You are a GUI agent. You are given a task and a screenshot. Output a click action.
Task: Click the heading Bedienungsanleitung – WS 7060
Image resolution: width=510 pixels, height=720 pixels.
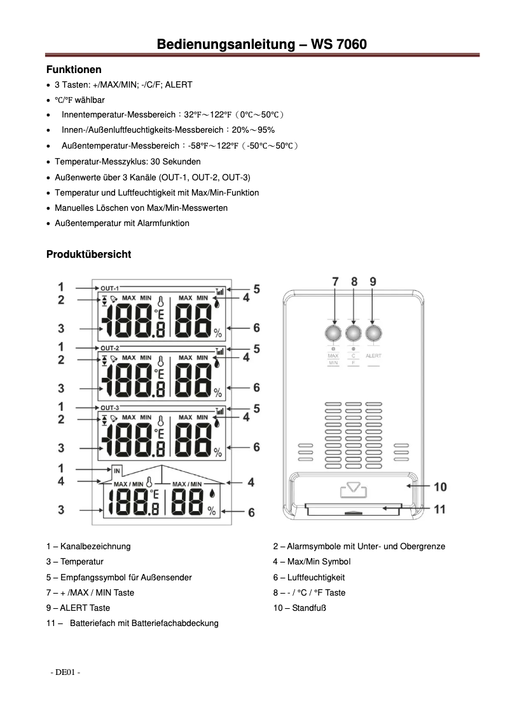pos(261,44)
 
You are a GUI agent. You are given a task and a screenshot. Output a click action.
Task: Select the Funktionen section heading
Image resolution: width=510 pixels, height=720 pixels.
pos(74,69)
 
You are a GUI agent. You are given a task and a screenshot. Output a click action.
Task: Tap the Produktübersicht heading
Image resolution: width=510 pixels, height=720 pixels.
pos(88,255)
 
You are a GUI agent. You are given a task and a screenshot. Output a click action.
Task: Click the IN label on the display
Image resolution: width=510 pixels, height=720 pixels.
pos(117,470)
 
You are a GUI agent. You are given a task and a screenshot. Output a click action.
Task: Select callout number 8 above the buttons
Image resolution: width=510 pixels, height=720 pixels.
pos(354,281)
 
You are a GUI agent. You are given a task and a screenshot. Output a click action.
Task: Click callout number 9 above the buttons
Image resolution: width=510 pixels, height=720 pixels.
pos(373,281)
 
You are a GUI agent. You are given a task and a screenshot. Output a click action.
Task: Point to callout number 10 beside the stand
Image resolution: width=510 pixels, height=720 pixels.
pos(439,487)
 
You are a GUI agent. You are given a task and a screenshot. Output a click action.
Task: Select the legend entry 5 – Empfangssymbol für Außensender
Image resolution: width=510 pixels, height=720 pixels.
pos(119,577)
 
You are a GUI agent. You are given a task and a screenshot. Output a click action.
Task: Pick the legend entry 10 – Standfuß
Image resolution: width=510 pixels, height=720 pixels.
pos(300,608)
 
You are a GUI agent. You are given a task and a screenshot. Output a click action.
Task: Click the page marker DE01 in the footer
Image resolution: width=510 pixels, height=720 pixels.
pos(65,672)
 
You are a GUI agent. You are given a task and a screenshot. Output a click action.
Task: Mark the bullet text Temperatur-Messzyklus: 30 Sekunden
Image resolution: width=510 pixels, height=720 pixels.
pos(128,162)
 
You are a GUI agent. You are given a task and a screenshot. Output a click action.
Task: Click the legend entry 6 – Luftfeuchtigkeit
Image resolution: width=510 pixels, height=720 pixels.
pos(308,577)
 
